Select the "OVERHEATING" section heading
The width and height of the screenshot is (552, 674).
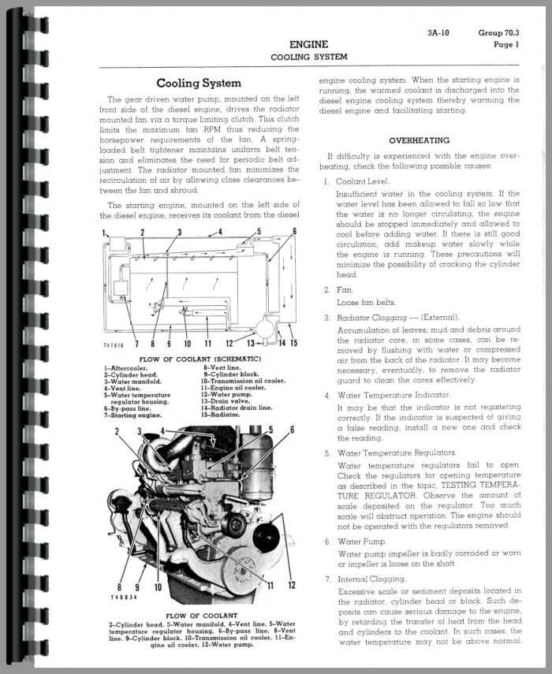click(x=419, y=140)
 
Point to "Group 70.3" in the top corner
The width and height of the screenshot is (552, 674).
click(x=500, y=33)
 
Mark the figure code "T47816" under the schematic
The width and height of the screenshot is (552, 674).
click(x=115, y=345)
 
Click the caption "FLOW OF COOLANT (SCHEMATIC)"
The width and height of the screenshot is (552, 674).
click(x=200, y=359)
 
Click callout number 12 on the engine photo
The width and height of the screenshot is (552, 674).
click(x=292, y=584)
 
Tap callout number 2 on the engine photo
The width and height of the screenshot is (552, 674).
click(x=117, y=431)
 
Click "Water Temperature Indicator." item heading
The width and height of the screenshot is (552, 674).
click(x=393, y=393)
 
